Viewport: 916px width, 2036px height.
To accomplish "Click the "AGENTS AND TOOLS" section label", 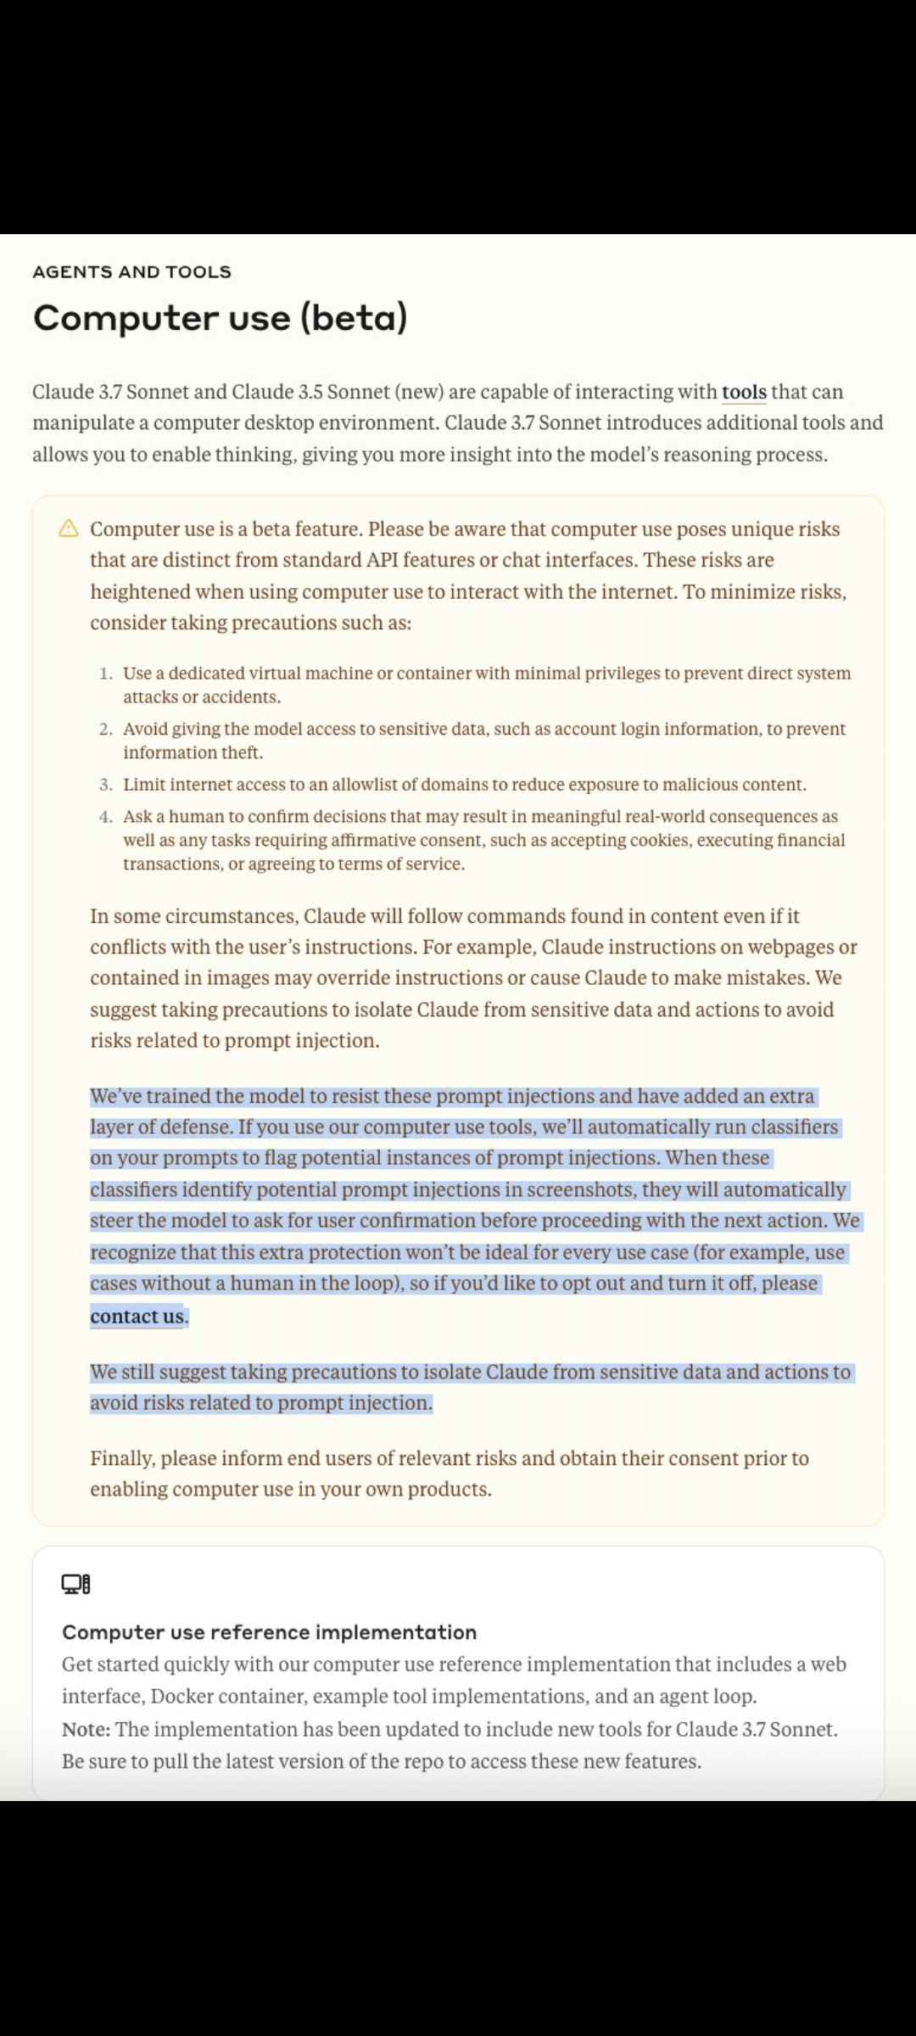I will pyautogui.click(x=131, y=272).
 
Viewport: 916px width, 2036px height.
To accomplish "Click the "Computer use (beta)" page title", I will pyautogui.click(x=220, y=318).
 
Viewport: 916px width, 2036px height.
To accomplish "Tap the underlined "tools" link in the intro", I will pyautogui.click(x=744, y=392).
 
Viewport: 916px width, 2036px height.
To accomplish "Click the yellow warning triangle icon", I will pyautogui.click(x=69, y=529).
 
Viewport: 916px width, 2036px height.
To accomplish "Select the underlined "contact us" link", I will pyautogui.click(x=137, y=1317).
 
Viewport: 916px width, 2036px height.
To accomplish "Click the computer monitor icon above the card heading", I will pyautogui.click(x=75, y=1584).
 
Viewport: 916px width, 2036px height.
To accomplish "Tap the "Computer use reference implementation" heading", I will pyautogui.click(x=269, y=1632).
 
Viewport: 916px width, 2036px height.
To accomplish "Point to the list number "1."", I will pyautogui.click(x=106, y=674).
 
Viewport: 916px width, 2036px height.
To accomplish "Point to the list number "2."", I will pyautogui.click(x=106, y=730).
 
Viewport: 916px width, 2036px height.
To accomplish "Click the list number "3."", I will pyautogui.click(x=106, y=785).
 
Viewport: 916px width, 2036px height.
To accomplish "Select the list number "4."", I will pyautogui.click(x=106, y=817).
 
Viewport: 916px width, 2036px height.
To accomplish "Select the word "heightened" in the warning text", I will pyautogui.click(x=139, y=592).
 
